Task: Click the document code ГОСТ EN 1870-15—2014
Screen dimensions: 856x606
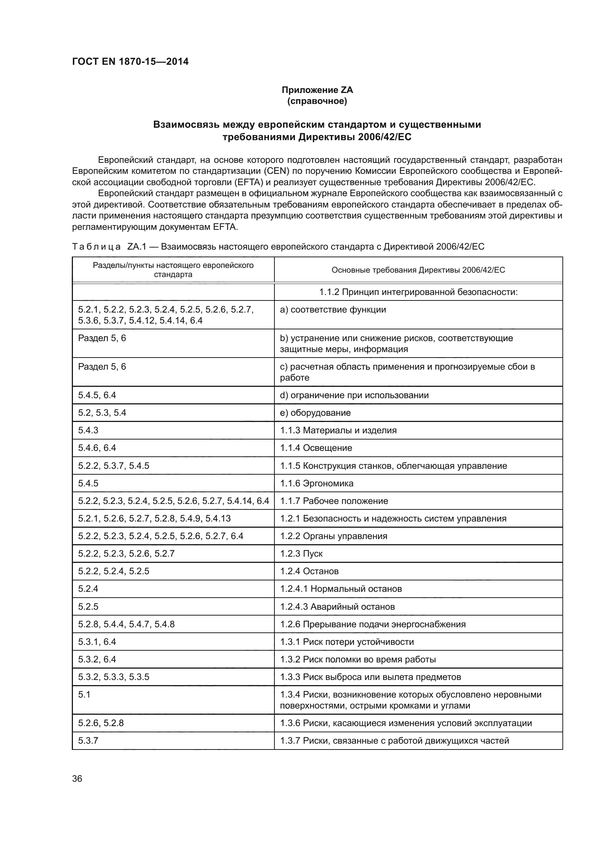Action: (x=130, y=61)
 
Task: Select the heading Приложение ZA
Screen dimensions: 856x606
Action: (x=317, y=90)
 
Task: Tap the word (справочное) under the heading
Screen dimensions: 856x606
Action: (x=317, y=101)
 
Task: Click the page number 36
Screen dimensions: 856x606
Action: (x=77, y=778)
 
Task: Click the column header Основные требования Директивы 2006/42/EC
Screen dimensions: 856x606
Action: (x=418, y=270)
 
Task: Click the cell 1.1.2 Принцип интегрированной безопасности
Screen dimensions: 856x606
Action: (x=418, y=292)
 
